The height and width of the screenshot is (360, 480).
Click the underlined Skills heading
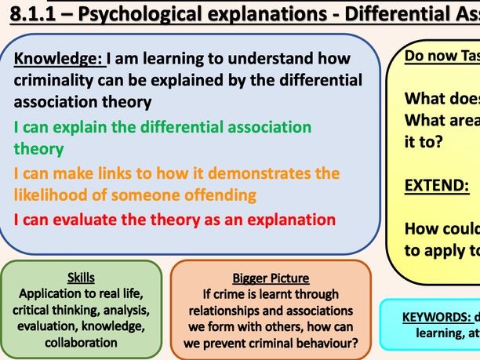click(x=82, y=277)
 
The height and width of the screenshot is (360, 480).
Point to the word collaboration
click(x=82, y=342)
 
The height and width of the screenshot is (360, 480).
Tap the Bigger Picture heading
click(x=270, y=278)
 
